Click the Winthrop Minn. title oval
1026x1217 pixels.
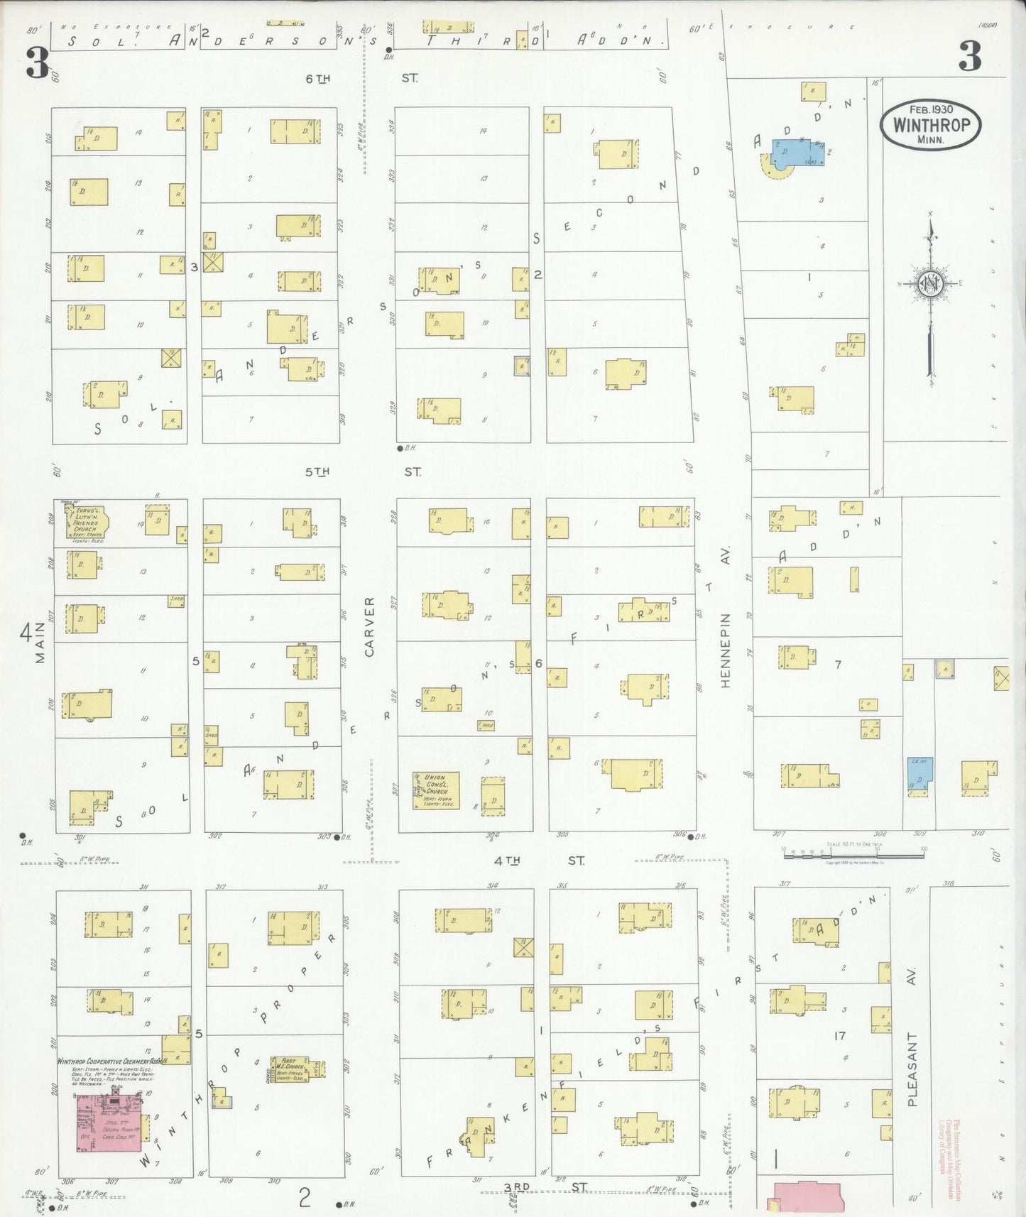tap(931, 124)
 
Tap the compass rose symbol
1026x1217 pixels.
tap(932, 284)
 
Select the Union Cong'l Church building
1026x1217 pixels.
tap(436, 790)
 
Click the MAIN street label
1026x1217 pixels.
tap(40, 642)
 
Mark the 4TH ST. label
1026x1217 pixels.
tap(540, 861)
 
